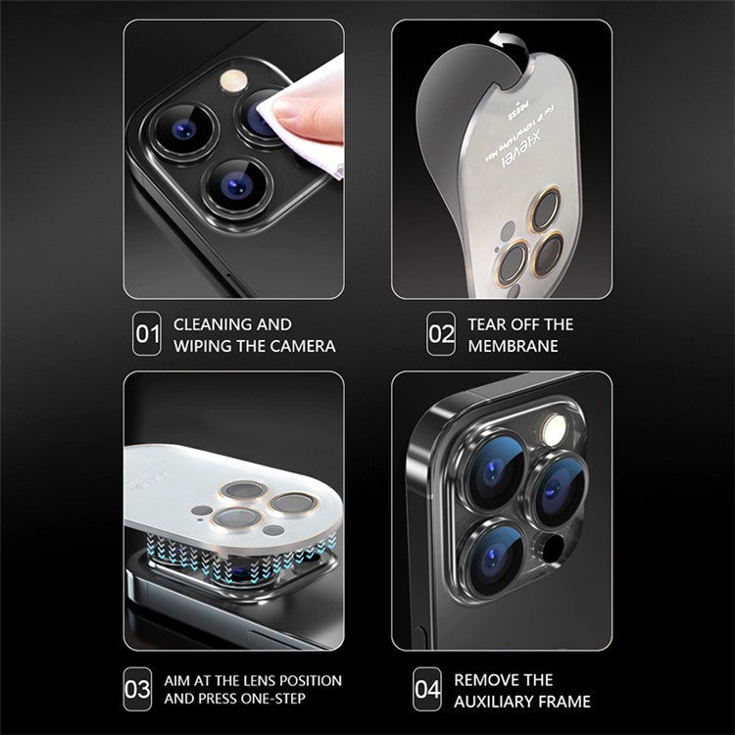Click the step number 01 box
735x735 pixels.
pos(147,335)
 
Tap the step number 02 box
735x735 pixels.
pos(441,335)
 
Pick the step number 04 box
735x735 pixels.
pos(427,690)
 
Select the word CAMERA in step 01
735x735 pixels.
pos(303,346)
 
